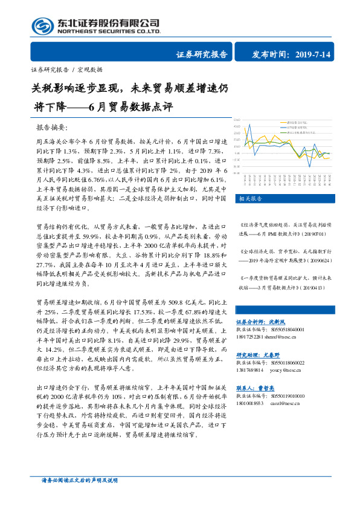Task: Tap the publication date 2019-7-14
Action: [x=313, y=55]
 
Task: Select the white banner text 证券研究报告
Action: [x=202, y=55]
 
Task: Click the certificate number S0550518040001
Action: [x=287, y=330]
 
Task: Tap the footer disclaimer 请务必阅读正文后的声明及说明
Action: [x=73, y=480]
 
